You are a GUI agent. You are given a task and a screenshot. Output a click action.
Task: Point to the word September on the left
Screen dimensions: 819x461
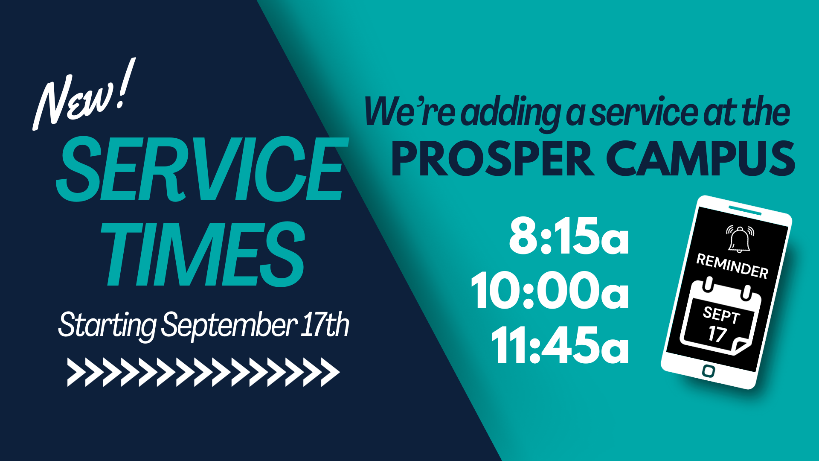point(229,326)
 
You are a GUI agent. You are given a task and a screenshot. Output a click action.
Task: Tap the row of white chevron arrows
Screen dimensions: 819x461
point(203,372)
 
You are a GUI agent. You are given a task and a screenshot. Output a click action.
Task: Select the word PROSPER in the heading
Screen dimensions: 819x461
point(493,159)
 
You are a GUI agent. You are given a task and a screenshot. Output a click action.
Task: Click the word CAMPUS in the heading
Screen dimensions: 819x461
point(700,159)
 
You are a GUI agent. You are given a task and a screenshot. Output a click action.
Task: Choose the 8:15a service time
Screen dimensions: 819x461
point(569,236)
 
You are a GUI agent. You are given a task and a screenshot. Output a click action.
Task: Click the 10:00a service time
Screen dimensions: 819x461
point(550,291)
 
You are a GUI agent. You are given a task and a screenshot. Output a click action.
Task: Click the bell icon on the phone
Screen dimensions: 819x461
point(740,239)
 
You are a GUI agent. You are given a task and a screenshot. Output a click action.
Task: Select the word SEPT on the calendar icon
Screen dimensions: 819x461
point(721,316)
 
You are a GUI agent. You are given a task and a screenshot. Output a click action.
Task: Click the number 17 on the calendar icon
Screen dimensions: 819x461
point(717,333)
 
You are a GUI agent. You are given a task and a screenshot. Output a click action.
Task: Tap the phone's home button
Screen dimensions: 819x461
point(709,371)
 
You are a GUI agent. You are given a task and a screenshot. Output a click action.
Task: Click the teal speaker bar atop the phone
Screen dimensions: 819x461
point(745,210)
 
